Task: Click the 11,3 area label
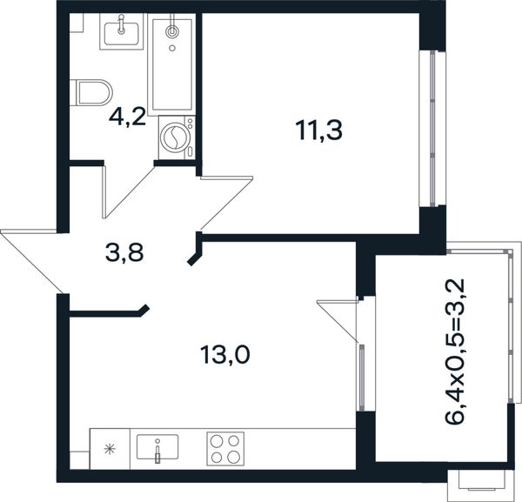[x=319, y=131]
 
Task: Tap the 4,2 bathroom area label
[x=128, y=117]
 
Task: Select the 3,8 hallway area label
[x=124, y=252]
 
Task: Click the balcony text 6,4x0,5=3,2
[x=454, y=351]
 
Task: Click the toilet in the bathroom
[x=91, y=92]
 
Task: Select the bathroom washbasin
[x=121, y=31]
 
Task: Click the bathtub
[x=171, y=64]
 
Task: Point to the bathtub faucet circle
[x=171, y=31]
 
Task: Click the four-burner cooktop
[x=225, y=449]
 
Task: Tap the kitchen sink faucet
[x=157, y=451]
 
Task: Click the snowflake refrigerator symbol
[x=110, y=449]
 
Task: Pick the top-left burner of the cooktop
[x=217, y=441]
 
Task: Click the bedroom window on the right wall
[x=432, y=128]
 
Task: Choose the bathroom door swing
[x=129, y=191]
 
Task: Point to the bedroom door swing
[x=227, y=203]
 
